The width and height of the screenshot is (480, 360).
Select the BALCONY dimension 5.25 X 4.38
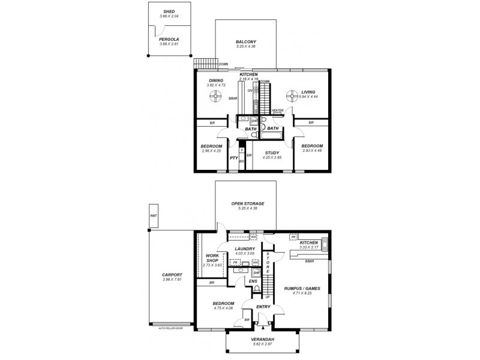click(245, 47)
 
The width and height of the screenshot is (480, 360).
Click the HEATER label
click(277, 110)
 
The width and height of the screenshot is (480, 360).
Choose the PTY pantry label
click(234, 158)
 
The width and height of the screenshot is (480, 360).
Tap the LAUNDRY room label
click(245, 248)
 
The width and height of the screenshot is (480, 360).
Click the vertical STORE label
click(269, 262)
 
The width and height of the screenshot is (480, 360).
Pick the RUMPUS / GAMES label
click(302, 289)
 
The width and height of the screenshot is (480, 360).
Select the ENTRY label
click(263, 307)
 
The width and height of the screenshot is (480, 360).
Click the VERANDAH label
click(262, 339)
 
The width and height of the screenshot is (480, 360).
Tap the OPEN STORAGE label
click(248, 203)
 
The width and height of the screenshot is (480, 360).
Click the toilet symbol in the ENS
click(257, 290)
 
